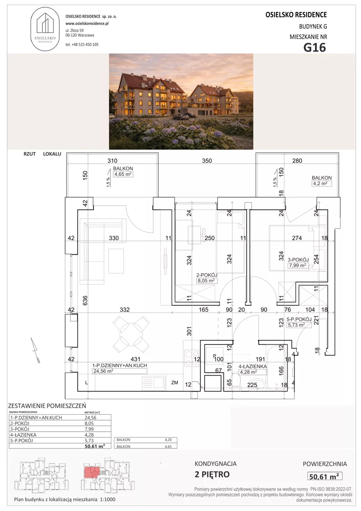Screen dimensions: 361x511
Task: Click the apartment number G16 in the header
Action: (315, 47)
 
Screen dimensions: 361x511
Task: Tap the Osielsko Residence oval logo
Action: (45, 29)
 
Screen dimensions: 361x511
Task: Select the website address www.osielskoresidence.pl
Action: (87, 23)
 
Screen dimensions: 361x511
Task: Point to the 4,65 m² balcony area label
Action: (123, 174)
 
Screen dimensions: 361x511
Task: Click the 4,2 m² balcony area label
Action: (320, 183)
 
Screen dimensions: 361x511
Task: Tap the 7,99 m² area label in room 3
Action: (298, 265)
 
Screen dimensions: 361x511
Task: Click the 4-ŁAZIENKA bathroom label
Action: (253, 366)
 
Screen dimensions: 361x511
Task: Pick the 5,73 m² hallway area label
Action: (295, 325)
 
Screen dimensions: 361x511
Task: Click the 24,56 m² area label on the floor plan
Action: (103, 371)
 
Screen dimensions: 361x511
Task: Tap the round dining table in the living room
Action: (131, 333)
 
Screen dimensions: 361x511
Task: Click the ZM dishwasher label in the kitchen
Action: (175, 383)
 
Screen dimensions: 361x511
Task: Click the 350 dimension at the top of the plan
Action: (206, 161)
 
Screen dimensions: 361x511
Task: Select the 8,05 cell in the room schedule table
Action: (89, 423)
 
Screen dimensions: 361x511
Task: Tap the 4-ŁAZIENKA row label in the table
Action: (23, 435)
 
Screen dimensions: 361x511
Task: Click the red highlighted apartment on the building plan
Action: (92, 472)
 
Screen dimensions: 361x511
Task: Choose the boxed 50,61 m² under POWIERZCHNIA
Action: (324, 476)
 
